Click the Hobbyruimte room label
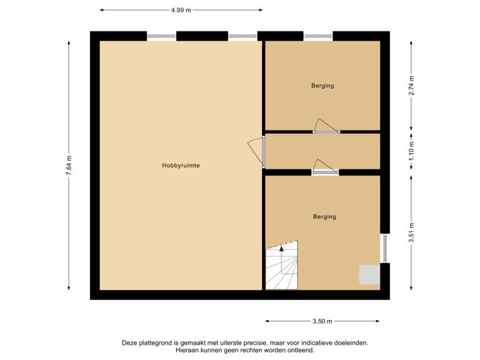(x=181, y=165)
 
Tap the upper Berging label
(x=322, y=85)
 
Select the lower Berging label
(x=325, y=217)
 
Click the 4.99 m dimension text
(x=181, y=10)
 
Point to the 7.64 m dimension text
(x=69, y=165)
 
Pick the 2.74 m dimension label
(x=411, y=87)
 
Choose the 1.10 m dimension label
(x=411, y=151)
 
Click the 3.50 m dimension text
(x=322, y=321)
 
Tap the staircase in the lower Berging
(x=282, y=267)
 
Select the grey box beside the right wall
(x=369, y=275)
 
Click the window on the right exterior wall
(x=385, y=248)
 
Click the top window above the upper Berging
(x=318, y=35)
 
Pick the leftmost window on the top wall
(x=161, y=35)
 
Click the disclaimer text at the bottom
(x=244, y=346)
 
